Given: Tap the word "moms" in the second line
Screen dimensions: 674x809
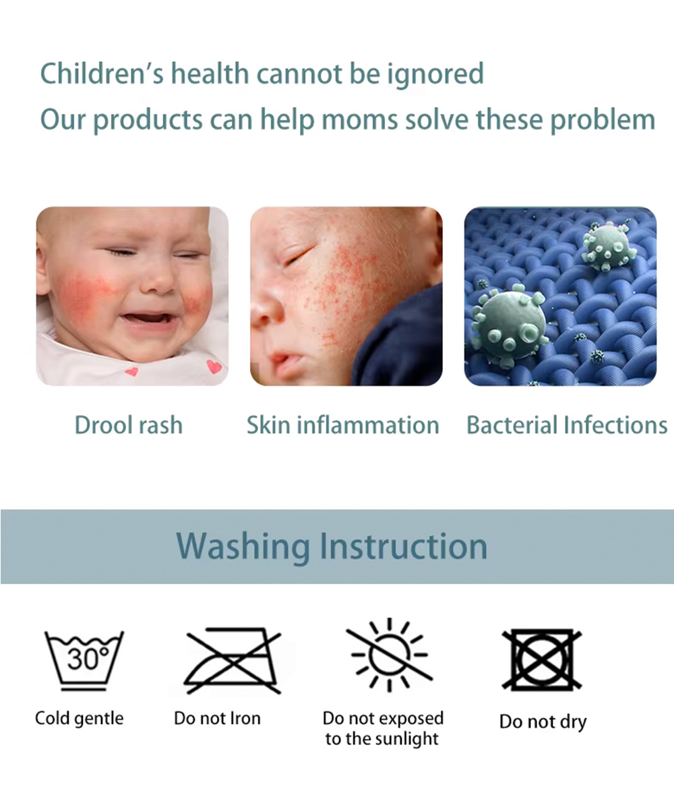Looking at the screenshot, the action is tap(359, 120).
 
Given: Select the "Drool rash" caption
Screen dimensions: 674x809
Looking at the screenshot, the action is tap(128, 425).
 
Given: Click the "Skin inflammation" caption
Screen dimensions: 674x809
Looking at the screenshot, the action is tap(343, 425).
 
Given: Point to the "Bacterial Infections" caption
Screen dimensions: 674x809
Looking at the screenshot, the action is tap(567, 425).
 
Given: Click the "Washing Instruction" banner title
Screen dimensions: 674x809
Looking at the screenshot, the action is tap(332, 546).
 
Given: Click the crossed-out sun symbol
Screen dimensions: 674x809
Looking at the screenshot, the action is tap(390, 655).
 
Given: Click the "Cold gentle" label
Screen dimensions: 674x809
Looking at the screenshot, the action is tap(79, 719).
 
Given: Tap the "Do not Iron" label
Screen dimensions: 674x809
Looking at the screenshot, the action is tap(217, 718).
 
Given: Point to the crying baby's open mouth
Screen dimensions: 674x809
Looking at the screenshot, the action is tap(148, 319).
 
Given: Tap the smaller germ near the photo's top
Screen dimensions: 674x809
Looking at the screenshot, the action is tap(608, 246).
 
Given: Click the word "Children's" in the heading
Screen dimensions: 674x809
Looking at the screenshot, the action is tap(102, 73).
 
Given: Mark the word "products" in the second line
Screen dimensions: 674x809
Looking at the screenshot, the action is tap(148, 121).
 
